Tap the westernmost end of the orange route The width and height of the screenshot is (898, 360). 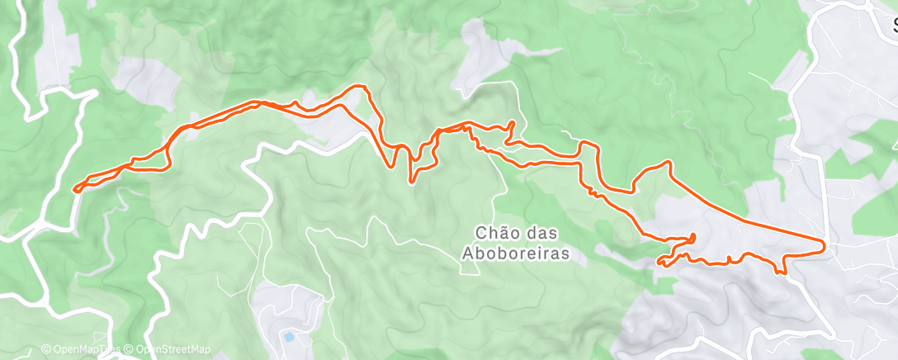pyautogui.click(x=74, y=190)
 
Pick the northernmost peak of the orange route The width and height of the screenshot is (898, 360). pyautogui.click(x=359, y=85)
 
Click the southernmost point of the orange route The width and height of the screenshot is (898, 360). pyautogui.click(x=781, y=272)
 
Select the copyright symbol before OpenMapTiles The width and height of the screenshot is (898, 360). pyautogui.click(x=45, y=349)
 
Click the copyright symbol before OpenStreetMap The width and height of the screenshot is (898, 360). pyautogui.click(x=128, y=349)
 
